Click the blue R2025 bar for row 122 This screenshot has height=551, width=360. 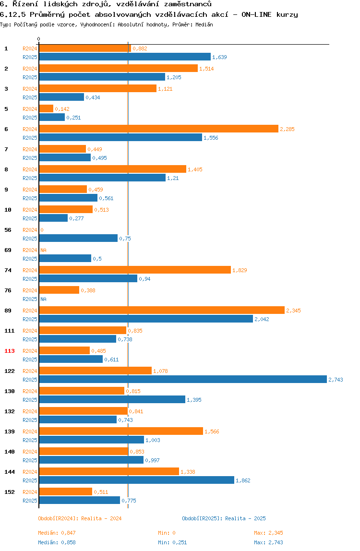(182, 380)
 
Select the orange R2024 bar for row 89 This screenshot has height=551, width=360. (161, 311)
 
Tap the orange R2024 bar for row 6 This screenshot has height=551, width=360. (158, 129)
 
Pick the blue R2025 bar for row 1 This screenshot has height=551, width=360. (124, 57)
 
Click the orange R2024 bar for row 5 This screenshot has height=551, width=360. (46, 109)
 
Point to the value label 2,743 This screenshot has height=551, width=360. (336, 380)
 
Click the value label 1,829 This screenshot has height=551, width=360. (240, 270)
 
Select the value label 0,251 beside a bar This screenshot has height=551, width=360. (73, 118)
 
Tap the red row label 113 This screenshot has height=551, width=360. (10, 351)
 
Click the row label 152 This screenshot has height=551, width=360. (10, 492)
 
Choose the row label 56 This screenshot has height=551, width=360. (8, 230)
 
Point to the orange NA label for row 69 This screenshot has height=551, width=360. (43, 250)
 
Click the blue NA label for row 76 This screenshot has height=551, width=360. (43, 299)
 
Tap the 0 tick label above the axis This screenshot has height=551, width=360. (39, 39)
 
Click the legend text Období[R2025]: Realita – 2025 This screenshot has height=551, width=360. (224, 518)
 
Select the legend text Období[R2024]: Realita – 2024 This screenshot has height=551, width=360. (80, 518)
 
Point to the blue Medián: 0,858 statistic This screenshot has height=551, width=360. (57, 542)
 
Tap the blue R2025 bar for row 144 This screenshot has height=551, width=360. (136, 480)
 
